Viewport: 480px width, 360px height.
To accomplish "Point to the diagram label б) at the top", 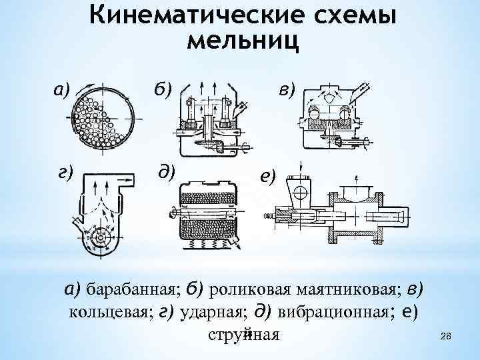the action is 163,88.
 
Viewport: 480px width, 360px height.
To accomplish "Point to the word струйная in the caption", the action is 243,334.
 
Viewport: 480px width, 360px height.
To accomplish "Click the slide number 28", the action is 447,341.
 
